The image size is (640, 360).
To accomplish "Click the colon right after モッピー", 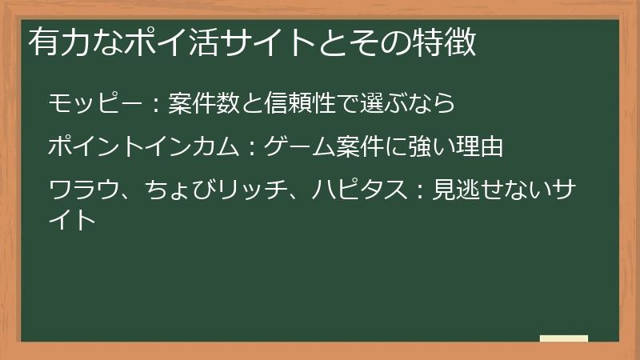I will tap(157, 105).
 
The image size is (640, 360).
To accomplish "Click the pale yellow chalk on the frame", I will tap(563, 338).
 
